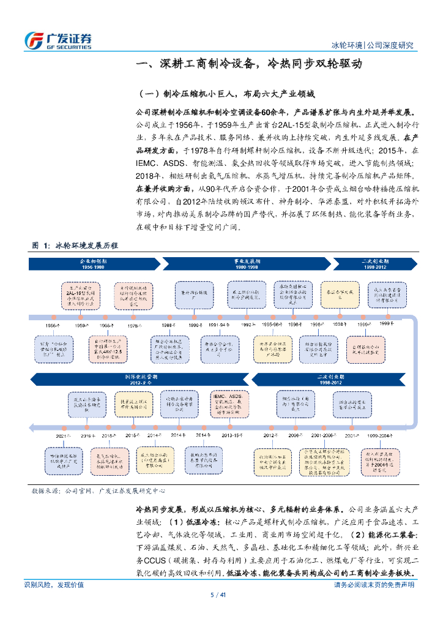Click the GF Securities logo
click(x=58, y=40)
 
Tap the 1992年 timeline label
click(x=248, y=325)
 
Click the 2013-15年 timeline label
click(x=231, y=435)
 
